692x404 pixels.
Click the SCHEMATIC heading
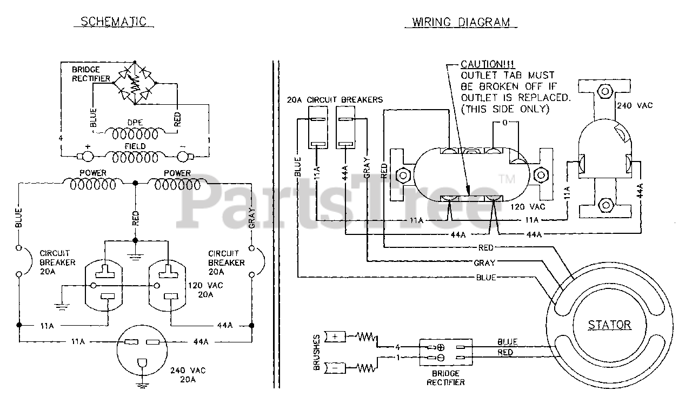pyautogui.click(x=114, y=22)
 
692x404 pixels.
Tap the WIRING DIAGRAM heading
pyautogui.click(x=461, y=22)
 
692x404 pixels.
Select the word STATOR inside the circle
pyautogui.click(x=609, y=325)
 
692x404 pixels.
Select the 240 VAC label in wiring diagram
pyautogui.click(x=634, y=105)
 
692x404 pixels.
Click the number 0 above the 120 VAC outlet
pyautogui.click(x=504, y=123)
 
